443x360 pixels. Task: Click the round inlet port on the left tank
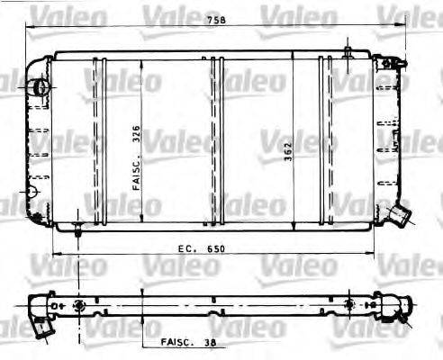click(x=39, y=86)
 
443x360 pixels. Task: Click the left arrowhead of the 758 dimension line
click(x=28, y=27)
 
